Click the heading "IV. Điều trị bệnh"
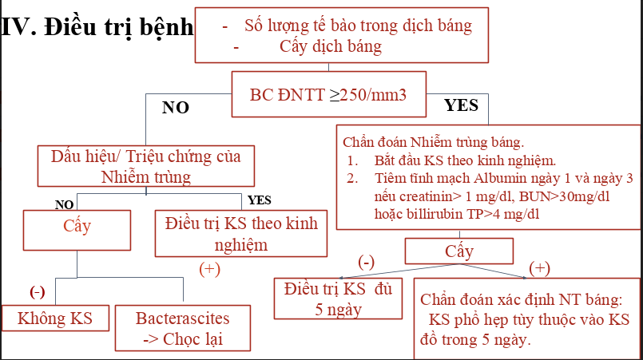(97, 27)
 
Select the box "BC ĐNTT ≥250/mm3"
(328, 94)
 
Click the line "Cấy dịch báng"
(331, 46)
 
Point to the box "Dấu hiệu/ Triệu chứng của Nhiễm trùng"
(146, 165)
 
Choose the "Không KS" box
(55, 318)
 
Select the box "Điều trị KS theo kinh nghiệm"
(240, 233)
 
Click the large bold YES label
(462, 105)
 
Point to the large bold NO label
(175, 108)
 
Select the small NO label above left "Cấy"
(64, 204)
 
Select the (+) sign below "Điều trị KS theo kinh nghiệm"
(209, 269)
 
